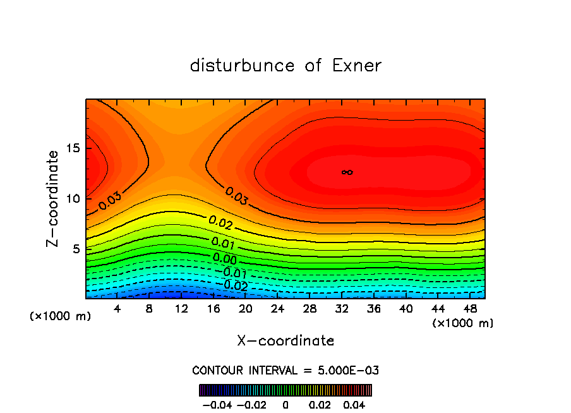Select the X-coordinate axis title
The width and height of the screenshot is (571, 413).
[x=285, y=341]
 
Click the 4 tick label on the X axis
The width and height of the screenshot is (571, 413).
[x=117, y=309]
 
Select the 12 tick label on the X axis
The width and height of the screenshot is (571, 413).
[x=182, y=309]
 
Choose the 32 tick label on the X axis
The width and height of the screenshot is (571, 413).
[x=342, y=309]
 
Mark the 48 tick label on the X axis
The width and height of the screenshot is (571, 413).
[x=470, y=309]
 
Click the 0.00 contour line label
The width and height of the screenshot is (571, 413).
[x=225, y=258]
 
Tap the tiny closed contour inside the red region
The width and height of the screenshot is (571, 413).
[x=347, y=172]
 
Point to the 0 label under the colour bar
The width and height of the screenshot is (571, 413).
[x=285, y=404]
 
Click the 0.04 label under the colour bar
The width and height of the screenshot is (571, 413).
[x=355, y=404]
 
